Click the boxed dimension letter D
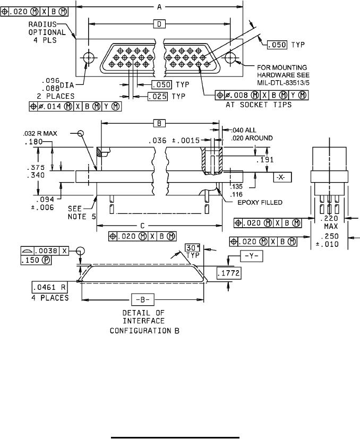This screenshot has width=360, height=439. [159, 24]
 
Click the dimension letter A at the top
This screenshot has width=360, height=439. [159, 7]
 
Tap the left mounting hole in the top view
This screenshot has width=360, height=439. [89, 58]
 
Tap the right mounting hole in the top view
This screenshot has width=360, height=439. [230, 58]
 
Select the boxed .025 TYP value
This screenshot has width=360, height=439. [158, 97]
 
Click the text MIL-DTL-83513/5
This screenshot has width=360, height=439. [283, 83]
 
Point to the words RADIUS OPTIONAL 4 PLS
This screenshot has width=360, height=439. [47, 32]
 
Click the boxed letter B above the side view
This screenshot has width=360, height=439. [159, 123]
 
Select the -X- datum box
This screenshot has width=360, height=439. [282, 177]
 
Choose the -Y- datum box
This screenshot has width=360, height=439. [252, 256]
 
